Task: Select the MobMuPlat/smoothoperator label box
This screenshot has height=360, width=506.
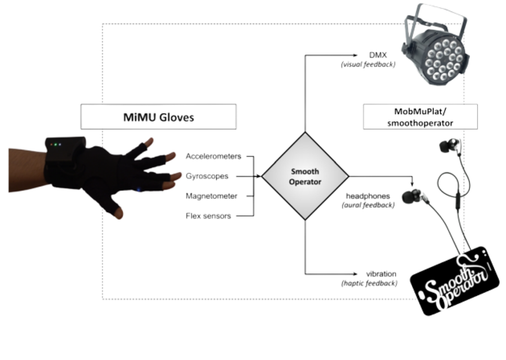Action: pos(420,117)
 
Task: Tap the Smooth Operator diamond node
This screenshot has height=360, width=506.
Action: pos(305,176)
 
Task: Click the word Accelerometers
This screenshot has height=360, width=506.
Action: pos(213,157)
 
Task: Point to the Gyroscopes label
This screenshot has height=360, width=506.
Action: pos(207,176)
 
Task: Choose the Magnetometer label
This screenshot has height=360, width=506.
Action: pos(211,196)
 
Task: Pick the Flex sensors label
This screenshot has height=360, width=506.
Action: pos(208,216)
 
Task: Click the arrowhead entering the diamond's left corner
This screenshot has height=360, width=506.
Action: pos(259,176)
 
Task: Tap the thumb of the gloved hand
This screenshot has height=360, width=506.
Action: pos(116,212)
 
